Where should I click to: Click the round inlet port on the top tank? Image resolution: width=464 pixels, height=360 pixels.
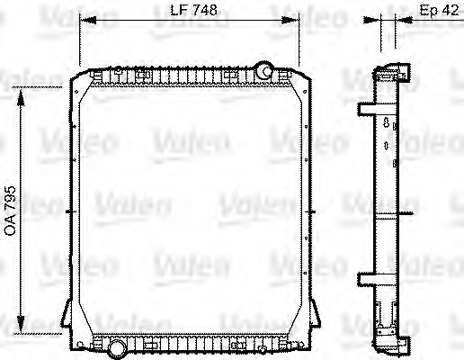click(263, 69)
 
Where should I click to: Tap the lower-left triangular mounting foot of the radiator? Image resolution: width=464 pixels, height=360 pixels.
click(68, 317)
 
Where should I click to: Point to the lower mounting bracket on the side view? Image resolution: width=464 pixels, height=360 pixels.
click(367, 277)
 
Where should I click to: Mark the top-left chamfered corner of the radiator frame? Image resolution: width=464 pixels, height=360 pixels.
click(76, 79)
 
